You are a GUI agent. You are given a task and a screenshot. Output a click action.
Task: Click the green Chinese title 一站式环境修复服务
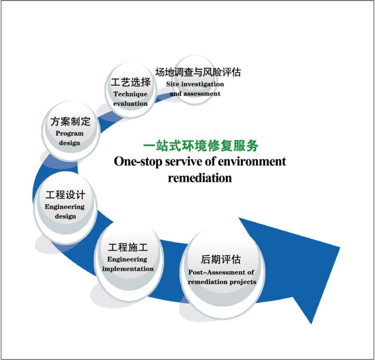201,146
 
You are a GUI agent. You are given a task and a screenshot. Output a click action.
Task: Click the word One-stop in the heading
138,162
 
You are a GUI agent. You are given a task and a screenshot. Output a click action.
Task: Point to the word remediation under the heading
200,178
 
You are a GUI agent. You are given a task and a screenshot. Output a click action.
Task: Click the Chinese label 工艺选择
131,82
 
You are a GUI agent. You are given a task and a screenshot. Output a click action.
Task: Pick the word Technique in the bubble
131,94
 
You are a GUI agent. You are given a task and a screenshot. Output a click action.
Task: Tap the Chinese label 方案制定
70,121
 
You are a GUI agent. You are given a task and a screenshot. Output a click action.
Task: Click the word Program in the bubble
70,133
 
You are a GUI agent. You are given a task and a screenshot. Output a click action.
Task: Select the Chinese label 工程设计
65,195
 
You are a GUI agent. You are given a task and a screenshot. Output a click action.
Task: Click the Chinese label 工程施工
128,247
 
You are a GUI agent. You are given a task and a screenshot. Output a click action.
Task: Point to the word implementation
128,269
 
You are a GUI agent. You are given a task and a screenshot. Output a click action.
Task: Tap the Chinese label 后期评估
221,260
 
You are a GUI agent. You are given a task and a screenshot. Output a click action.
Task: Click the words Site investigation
195,84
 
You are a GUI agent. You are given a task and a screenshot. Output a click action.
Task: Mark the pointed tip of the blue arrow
311,324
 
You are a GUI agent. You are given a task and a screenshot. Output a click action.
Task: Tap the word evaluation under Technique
131,103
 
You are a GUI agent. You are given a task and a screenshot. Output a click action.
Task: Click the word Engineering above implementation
127,260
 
